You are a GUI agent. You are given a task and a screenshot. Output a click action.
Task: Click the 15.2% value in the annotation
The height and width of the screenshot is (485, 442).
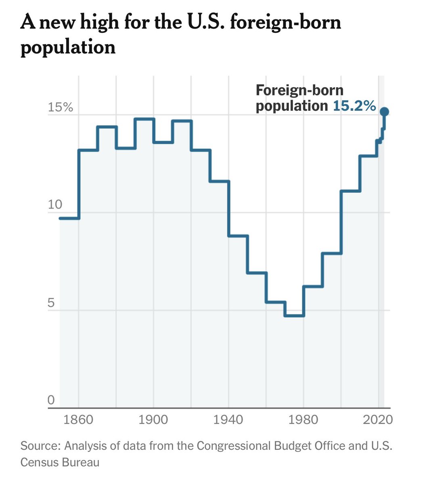[354, 106]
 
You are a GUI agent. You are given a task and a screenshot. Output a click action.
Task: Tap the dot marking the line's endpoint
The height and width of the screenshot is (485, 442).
[384, 112]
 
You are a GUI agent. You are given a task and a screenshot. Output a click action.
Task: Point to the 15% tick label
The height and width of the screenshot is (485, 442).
[60, 108]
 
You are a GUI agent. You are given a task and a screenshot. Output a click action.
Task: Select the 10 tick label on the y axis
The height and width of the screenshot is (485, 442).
[55, 205]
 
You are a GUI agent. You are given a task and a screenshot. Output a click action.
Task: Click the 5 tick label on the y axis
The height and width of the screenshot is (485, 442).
[51, 303]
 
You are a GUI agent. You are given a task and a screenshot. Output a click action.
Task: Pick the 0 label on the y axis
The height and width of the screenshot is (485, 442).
[51, 400]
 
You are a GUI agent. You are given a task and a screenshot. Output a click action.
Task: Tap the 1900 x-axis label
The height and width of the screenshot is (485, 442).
[153, 420]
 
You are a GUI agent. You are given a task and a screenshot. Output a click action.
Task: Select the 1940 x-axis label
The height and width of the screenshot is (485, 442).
[228, 420]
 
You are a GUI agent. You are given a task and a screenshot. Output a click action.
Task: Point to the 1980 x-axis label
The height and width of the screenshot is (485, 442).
[303, 420]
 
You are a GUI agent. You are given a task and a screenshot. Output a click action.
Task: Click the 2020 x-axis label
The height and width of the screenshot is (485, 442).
[377, 420]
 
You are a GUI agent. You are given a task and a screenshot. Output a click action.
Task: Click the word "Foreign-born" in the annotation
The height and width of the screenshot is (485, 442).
[300, 90]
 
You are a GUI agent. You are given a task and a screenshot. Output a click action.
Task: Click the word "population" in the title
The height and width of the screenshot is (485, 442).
[68, 47]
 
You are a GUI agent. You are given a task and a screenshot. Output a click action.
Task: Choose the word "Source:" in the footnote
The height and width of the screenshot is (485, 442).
[40, 446]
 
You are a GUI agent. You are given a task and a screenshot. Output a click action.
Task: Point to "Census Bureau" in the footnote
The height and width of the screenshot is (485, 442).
[60, 462]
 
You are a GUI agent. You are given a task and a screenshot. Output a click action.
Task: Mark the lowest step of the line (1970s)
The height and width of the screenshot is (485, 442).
[294, 316]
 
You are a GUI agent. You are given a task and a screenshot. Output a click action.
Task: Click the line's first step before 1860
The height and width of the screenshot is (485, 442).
[69, 218]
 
